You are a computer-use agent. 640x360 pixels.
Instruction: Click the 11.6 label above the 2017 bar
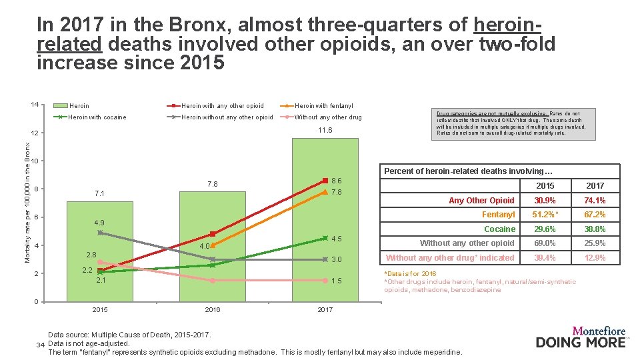[x=325, y=130]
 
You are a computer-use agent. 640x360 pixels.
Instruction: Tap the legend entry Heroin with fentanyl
[x=323, y=105]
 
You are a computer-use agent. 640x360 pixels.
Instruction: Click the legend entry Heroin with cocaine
[x=97, y=117]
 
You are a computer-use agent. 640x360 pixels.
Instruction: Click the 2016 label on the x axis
[x=212, y=310]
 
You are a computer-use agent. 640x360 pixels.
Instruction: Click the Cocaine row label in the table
[x=499, y=229]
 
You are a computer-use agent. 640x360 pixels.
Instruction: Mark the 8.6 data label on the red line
[x=337, y=181]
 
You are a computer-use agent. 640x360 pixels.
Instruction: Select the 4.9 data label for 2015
[x=99, y=222]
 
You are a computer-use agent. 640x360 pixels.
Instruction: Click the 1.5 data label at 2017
[x=337, y=281]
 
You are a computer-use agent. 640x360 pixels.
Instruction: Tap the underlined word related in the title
[x=69, y=44]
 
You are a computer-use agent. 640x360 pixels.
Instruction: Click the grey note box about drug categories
[x=511, y=123]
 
